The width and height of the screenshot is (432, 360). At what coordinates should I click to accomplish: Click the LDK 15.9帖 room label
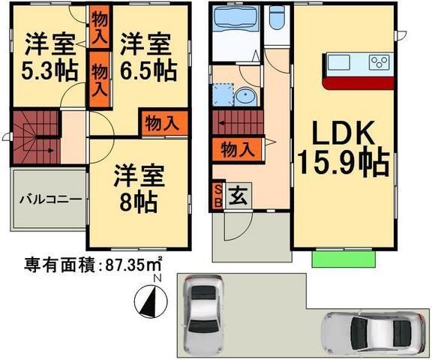pyautogui.click(x=341, y=146)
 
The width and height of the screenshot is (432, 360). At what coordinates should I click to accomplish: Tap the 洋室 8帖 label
pyautogui.click(x=136, y=189)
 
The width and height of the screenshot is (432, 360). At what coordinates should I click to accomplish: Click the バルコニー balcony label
pyautogui.click(x=49, y=199)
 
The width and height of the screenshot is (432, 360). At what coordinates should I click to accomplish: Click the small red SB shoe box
pyautogui.click(x=218, y=196)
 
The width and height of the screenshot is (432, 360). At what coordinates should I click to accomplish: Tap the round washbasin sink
pyautogui.click(x=244, y=97)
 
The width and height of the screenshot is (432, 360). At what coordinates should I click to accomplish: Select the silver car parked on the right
pyautogui.click(x=373, y=330)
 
